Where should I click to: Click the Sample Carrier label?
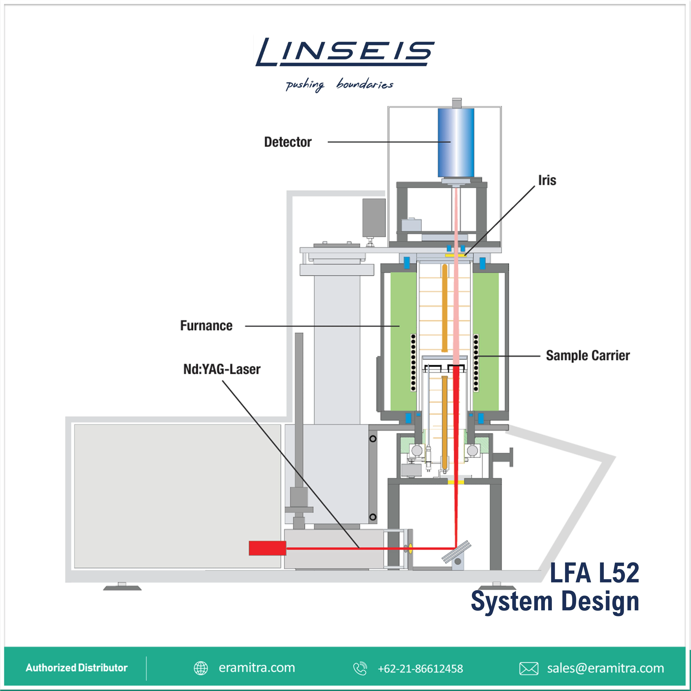[588, 355]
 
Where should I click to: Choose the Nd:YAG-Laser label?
[222, 369]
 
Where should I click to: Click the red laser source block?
[267, 548]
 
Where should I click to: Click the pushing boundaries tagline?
[339, 85]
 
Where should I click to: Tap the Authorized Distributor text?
[77, 668]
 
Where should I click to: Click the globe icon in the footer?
[201, 668]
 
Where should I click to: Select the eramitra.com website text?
[257, 668]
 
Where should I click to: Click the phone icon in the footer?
[360, 668]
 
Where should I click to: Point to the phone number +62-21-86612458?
[420, 668]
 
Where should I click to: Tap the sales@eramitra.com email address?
[605, 668]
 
